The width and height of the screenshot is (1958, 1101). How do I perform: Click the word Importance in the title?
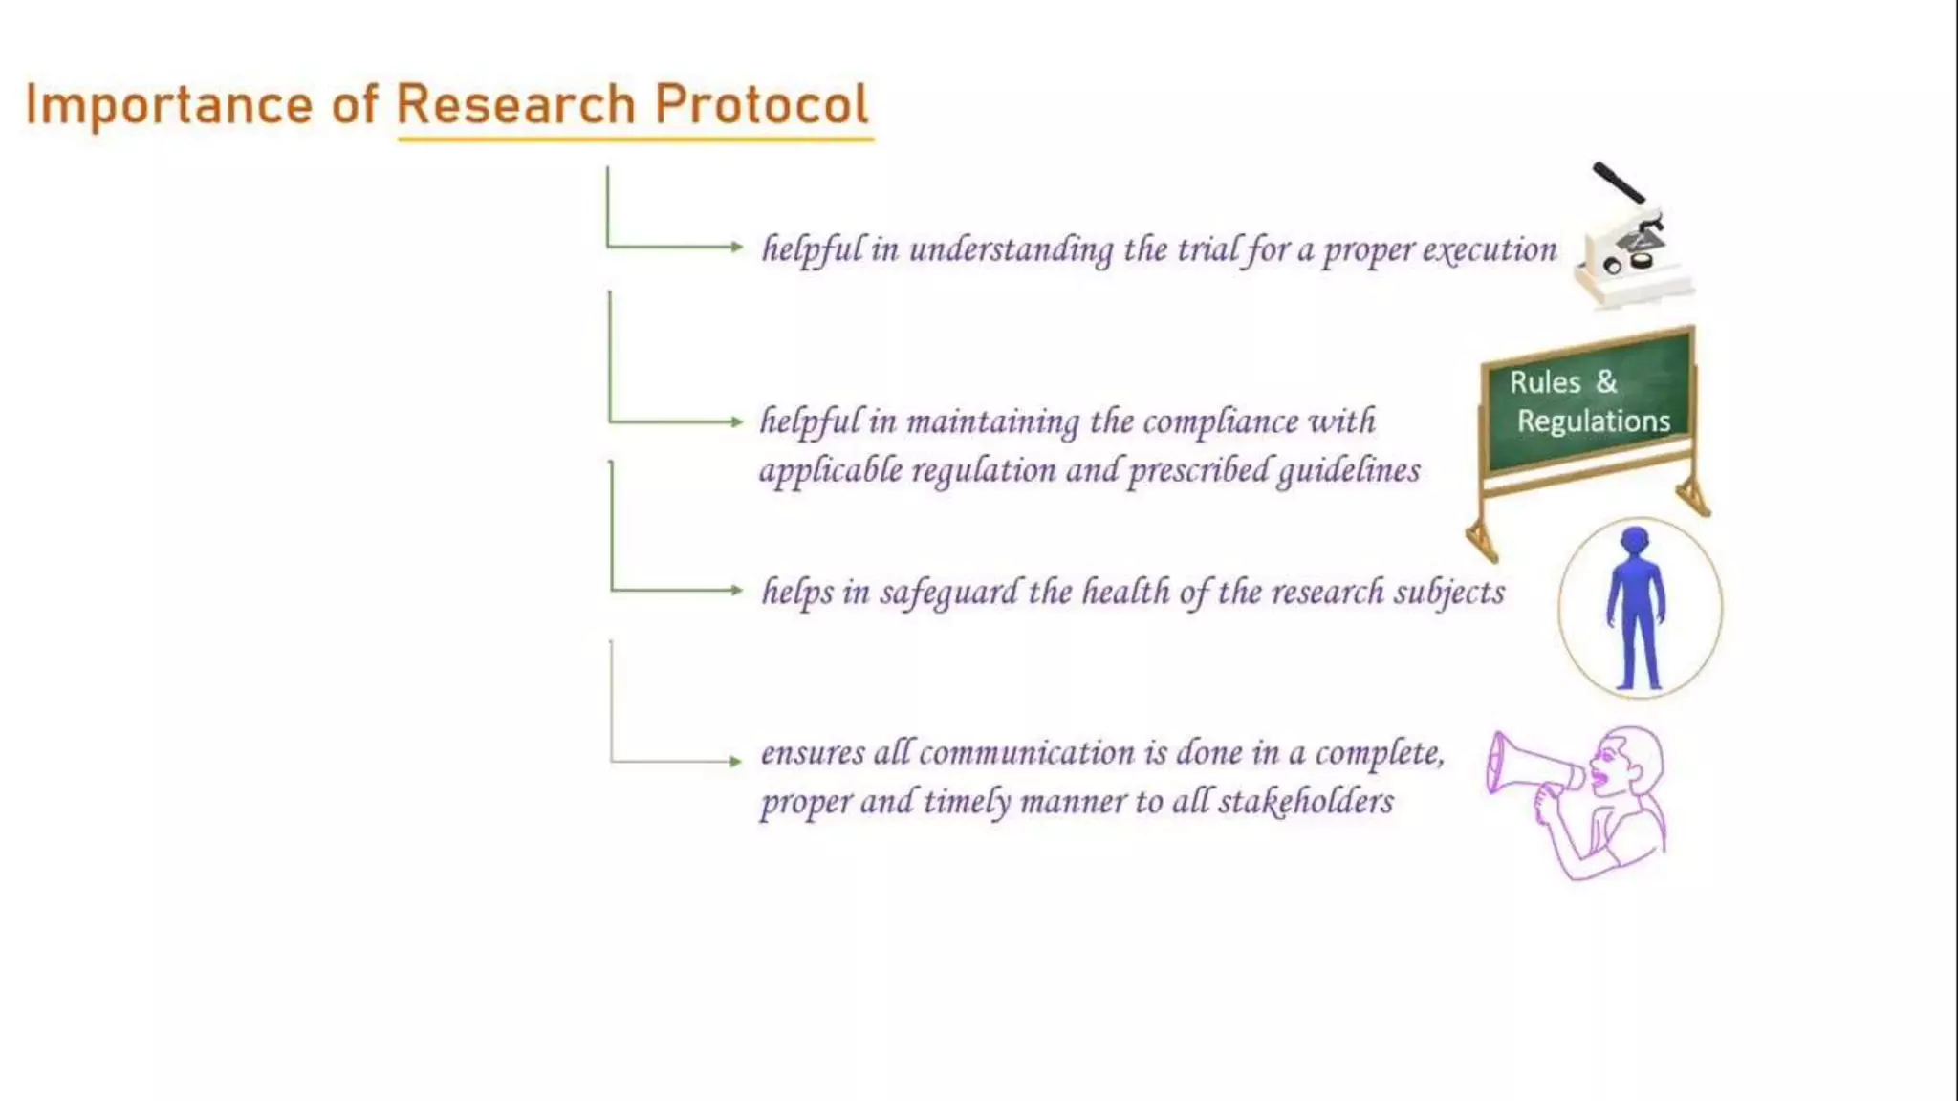(x=168, y=105)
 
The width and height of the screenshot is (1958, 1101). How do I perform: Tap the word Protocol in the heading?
(x=761, y=104)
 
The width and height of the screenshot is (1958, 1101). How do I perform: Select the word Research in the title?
(x=515, y=104)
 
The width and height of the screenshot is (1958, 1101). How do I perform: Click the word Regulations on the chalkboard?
(x=1593, y=421)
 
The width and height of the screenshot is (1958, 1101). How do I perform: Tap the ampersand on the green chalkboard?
(x=1607, y=381)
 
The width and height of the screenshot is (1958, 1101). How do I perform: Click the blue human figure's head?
(x=1636, y=542)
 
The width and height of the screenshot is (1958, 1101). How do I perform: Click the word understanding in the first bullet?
(x=1011, y=249)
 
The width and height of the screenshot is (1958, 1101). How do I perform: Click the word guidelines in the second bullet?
(x=1348, y=470)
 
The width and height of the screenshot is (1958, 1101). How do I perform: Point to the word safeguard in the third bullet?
(x=948, y=593)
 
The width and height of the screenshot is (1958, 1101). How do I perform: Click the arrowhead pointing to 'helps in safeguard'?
(x=735, y=590)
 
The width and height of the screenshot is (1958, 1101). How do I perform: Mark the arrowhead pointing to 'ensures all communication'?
(x=735, y=761)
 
